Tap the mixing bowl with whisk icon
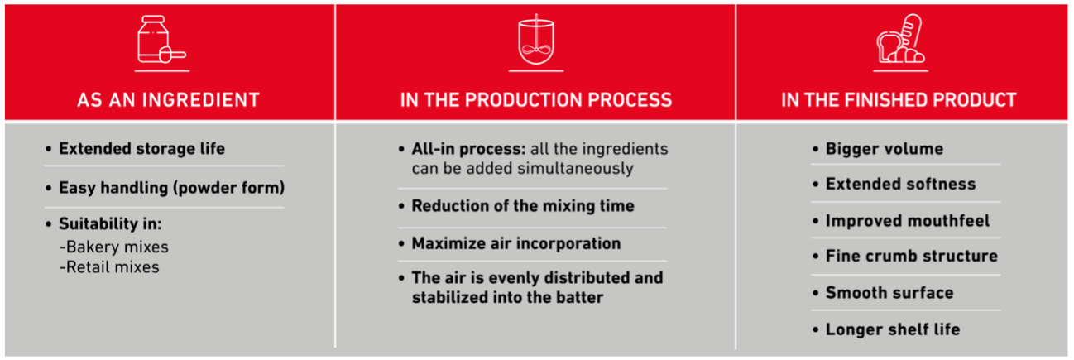point(535,41)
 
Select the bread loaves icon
point(900,41)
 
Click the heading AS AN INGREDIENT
point(168,101)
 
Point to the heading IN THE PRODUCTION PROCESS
point(535,101)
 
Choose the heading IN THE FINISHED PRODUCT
point(899,101)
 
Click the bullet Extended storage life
point(141,149)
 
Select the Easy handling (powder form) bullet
point(170,188)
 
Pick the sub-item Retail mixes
point(108,266)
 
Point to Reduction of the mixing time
point(522,206)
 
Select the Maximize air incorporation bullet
point(515,244)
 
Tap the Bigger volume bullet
point(884,149)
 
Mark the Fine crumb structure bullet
point(911,257)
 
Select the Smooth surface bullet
point(889,293)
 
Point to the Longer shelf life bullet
point(892,329)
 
